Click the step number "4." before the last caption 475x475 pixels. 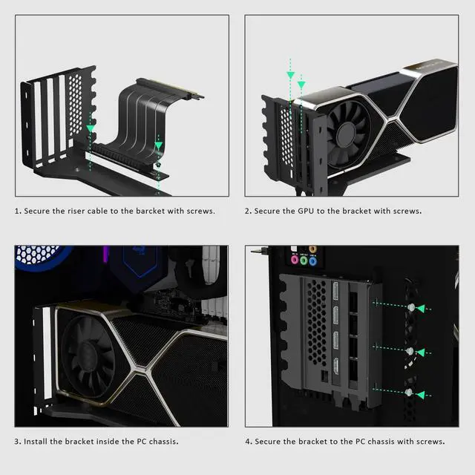249,442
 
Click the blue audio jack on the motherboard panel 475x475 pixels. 312,261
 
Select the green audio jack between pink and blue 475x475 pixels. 304,261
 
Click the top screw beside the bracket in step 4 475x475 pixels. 410,307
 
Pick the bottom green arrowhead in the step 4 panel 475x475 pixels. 422,393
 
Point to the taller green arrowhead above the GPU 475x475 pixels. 291,73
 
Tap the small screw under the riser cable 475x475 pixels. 158,165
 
